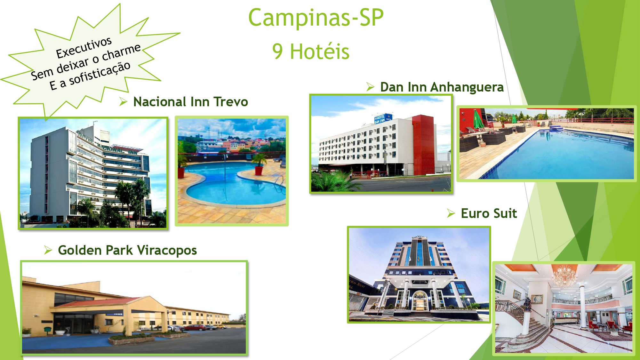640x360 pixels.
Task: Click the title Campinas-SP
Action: coord(316,18)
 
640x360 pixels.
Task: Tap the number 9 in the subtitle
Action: coord(277,52)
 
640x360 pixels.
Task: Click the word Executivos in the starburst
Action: coord(84,47)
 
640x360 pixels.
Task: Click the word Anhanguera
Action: coord(467,87)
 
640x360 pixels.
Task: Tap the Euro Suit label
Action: coord(489,213)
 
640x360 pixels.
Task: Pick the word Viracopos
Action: coord(167,250)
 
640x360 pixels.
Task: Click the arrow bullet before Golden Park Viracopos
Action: coord(48,250)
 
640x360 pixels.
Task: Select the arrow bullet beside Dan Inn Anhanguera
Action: coord(370,87)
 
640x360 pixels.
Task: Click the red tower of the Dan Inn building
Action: coord(423,145)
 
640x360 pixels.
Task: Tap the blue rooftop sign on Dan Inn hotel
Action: coord(383,118)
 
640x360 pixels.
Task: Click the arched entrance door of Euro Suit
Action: coord(420,301)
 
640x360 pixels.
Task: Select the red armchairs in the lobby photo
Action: coord(608,326)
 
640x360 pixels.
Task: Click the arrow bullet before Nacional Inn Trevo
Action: coord(123,102)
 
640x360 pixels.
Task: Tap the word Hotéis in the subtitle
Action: coord(320,52)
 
